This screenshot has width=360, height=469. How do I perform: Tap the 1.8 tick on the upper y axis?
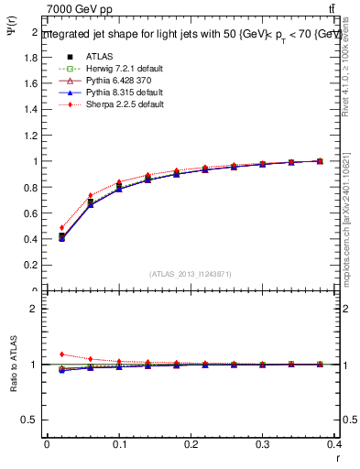coord(32,57)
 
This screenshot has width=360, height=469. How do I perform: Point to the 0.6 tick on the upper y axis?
coord(32,213)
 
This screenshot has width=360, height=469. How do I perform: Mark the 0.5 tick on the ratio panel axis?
coord(32,420)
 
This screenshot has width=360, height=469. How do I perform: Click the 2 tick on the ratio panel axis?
coord(35,309)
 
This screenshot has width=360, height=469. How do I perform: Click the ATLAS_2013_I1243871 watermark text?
coord(191,274)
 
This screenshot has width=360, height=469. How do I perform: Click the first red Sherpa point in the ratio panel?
coord(61,354)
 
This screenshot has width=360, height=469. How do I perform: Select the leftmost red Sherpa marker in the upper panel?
coord(61,228)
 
